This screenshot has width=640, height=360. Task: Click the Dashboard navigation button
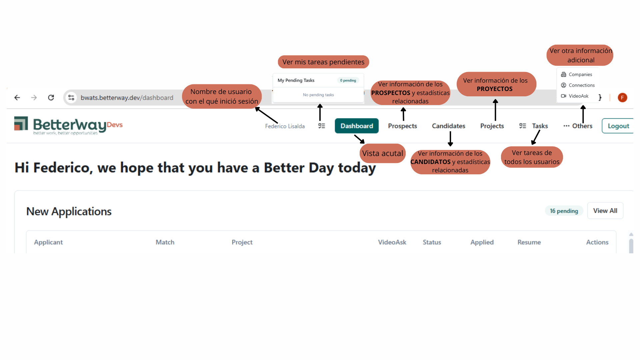coord(357,126)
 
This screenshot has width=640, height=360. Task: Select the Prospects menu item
coord(402,126)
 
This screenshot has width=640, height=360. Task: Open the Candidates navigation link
coord(448,126)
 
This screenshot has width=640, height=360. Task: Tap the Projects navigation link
coord(492,126)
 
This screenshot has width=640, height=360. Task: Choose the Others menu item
coord(578,126)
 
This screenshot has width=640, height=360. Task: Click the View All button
coord(605,211)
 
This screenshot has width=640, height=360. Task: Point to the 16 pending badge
coord(564,211)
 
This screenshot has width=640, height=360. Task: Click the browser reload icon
coord(51,98)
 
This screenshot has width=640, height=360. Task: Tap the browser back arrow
coord(17,98)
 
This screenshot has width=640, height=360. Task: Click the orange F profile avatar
coord(622,98)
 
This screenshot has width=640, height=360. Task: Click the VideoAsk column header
coord(392,242)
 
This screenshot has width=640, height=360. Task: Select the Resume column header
coord(529,242)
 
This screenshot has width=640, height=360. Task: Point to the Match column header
coord(165,242)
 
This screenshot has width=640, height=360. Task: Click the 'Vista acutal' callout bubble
coord(383,153)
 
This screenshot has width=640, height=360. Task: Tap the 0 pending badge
coord(348,80)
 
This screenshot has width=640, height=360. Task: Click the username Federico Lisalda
coord(285,126)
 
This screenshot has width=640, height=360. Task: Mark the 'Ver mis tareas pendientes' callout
coord(323,62)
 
